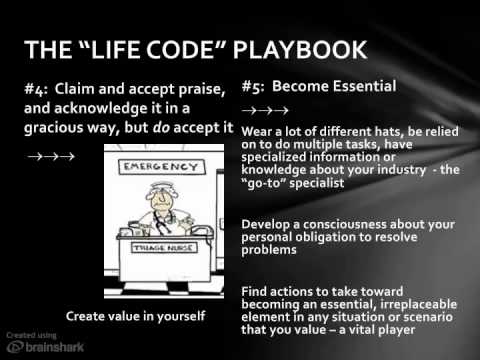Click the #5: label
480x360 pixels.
tap(257, 86)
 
